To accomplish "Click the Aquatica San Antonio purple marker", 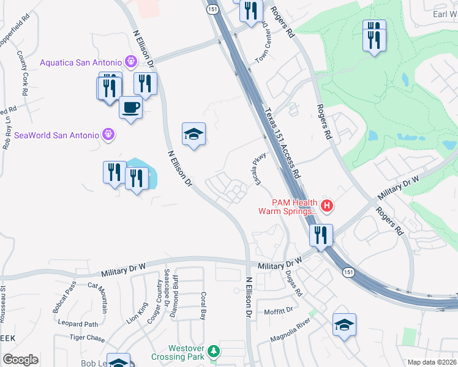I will [130, 61].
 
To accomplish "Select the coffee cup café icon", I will [130, 109].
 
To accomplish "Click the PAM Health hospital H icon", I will [327, 206].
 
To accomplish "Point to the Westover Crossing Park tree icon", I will [213, 351].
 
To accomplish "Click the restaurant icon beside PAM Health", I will [321, 235].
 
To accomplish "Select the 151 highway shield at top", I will [211, 10].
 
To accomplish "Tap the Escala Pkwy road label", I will [257, 169].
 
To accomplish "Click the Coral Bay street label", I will [203, 306].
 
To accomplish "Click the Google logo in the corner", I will [20, 360].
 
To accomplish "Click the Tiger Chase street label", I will [88, 337].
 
